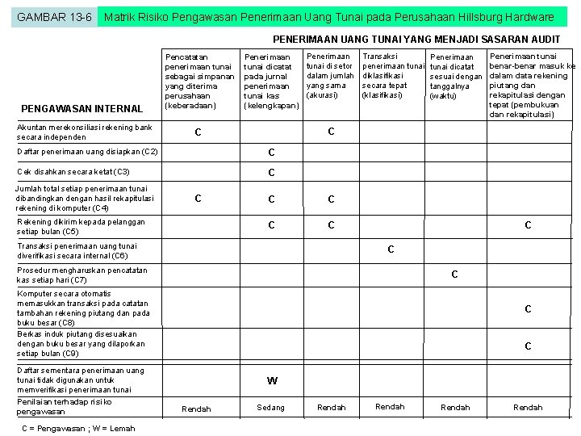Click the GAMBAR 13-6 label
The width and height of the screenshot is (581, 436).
53,17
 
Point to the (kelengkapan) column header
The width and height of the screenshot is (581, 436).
271,106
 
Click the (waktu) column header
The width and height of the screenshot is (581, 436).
444,96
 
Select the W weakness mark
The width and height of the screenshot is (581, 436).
272,381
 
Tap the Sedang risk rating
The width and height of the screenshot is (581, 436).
271,408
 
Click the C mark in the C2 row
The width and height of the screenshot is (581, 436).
272,153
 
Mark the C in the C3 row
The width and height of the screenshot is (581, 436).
272,173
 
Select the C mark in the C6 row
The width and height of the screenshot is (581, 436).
391,249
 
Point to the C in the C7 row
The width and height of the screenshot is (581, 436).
454,275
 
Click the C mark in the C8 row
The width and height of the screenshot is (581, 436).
528,309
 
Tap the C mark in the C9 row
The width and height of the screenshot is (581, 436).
528,346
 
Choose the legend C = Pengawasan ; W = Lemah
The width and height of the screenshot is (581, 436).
78,428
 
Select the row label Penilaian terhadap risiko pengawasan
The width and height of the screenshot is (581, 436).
65,406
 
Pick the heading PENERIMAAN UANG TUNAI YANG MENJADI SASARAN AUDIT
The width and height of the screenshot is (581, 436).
416,39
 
